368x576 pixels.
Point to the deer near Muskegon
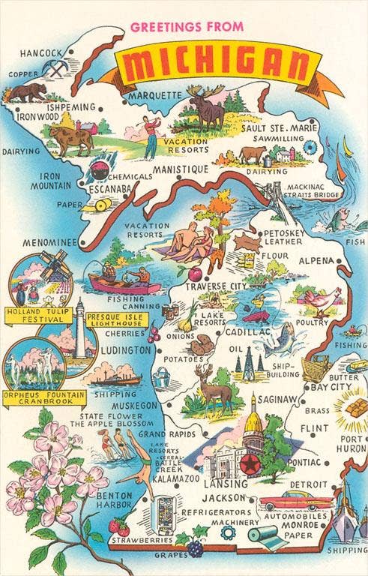213,389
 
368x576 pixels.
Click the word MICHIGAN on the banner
218,67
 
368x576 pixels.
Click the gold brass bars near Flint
349,409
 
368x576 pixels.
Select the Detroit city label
308,484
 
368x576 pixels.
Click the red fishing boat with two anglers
124,282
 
